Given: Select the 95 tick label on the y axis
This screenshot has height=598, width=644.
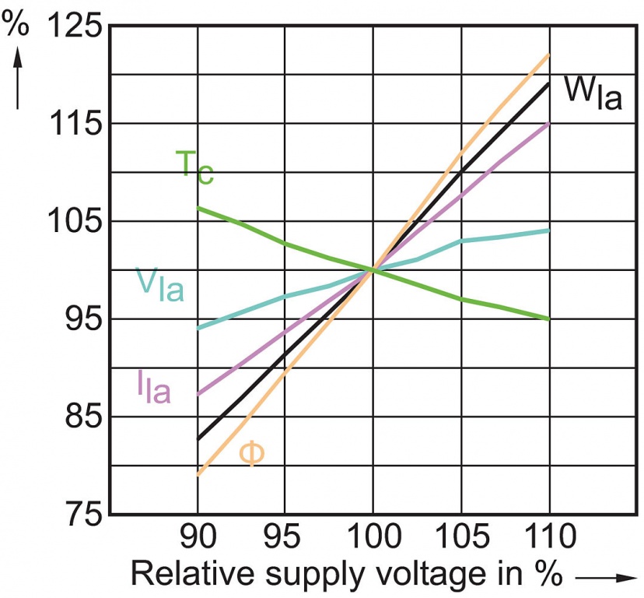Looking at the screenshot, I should (81, 319).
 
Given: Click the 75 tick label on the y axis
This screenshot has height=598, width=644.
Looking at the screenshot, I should (81, 515).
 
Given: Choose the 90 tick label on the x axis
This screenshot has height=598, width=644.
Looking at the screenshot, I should (198, 537).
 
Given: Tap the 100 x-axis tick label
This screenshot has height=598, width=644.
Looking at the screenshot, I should (373, 537).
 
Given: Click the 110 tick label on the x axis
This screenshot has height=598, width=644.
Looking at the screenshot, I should (549, 537).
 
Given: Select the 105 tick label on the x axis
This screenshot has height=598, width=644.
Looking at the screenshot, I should (461, 537).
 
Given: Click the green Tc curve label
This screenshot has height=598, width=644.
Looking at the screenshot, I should (194, 167).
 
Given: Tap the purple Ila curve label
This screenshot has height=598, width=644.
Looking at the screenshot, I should (152, 386).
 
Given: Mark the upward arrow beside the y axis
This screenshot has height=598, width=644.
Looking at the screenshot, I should (17, 78).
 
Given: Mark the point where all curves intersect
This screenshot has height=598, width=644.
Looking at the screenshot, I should (373, 270).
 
